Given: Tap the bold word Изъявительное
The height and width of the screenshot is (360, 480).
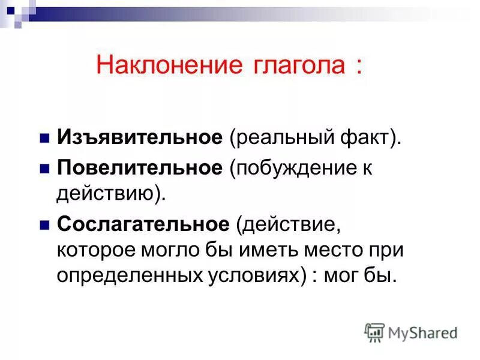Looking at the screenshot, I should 140,138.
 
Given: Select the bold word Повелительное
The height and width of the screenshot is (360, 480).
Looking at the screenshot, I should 140,168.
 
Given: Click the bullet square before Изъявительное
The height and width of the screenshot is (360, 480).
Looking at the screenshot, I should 44,139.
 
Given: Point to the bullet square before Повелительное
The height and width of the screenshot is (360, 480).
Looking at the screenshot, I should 44,169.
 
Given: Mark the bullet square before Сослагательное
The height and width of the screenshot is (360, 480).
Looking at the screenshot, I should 44,225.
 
